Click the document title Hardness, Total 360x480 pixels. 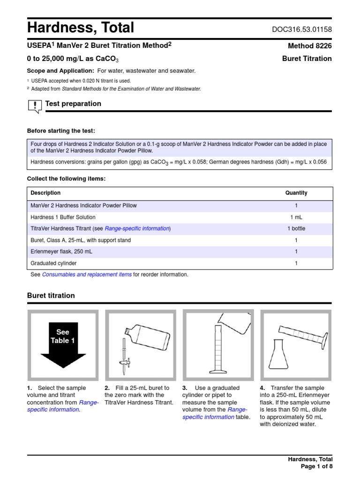(x=81, y=28)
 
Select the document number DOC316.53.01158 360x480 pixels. (x=302, y=30)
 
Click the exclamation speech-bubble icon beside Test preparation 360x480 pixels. (x=35, y=106)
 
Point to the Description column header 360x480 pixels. (x=45, y=193)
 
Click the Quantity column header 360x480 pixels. (x=296, y=193)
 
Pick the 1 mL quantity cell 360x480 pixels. (x=296, y=217)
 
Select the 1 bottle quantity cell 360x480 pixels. (x=296, y=229)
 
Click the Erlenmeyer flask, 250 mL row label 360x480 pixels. (x=61, y=252)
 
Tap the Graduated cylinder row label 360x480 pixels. (x=53, y=263)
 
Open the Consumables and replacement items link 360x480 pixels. (x=87, y=275)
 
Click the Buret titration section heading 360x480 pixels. (x=51, y=296)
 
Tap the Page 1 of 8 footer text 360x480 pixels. (x=316, y=466)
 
